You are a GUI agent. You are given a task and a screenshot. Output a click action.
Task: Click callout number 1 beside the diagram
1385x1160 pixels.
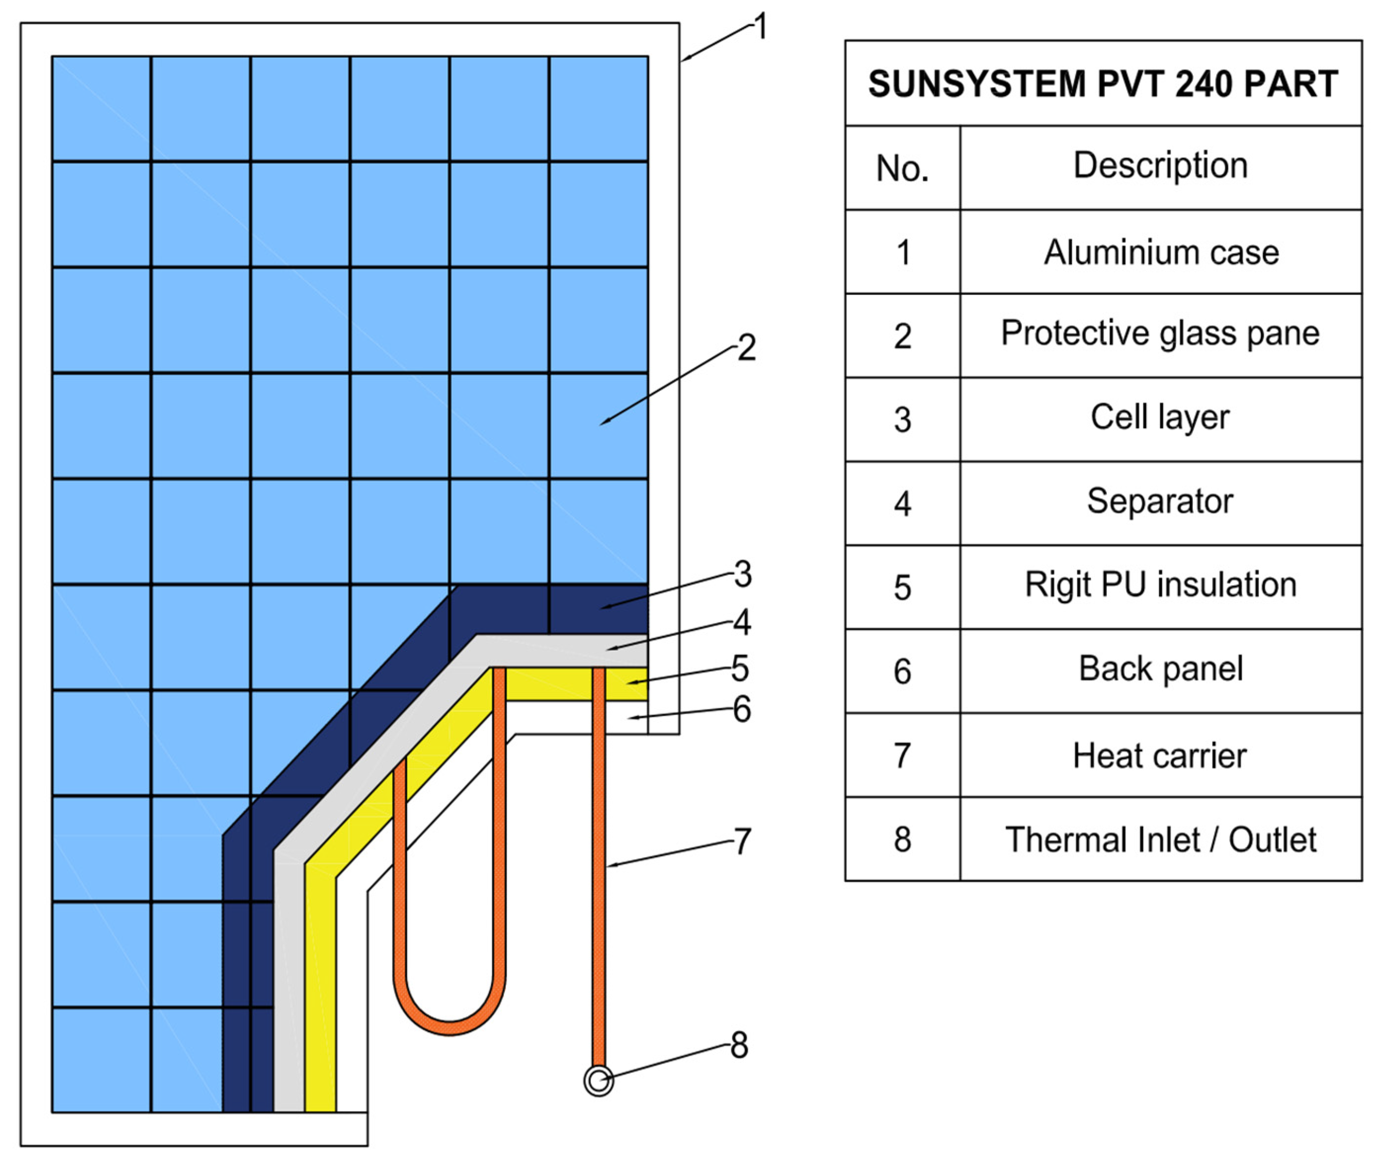click(761, 28)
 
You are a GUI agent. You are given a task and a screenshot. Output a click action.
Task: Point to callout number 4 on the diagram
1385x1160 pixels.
click(742, 622)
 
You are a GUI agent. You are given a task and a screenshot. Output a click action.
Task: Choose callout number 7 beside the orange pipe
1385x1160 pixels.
click(743, 841)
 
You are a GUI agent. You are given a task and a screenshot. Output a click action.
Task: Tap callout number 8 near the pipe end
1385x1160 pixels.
click(739, 1045)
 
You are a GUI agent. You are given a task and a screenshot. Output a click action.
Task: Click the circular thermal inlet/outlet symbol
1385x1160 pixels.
click(598, 1081)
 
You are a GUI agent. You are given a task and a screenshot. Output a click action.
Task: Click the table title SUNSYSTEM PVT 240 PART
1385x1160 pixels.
click(1103, 84)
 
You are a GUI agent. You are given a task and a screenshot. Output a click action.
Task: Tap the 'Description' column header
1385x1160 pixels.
click(1161, 166)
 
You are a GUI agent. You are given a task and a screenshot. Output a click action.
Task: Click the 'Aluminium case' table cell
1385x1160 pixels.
click(1161, 252)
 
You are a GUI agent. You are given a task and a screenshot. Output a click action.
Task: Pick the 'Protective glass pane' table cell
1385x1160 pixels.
click(1161, 333)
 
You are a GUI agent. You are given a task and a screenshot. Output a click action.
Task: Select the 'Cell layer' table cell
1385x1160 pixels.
click(1161, 417)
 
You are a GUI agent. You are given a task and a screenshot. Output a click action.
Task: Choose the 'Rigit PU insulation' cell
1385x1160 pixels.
click(1161, 585)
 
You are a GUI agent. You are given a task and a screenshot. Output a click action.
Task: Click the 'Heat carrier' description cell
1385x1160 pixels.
click(1161, 756)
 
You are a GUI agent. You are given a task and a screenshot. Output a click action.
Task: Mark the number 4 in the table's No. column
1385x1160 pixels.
click(902, 504)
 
